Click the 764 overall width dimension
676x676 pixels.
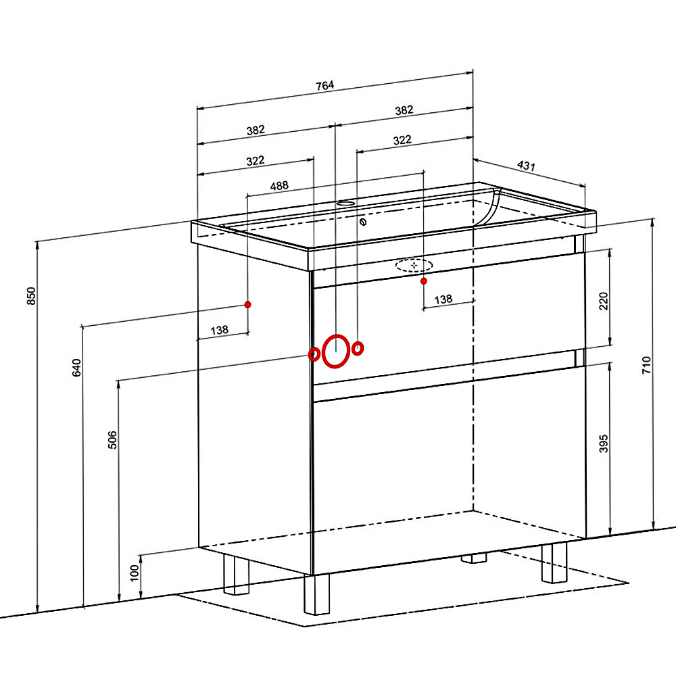pyautogui.click(x=324, y=85)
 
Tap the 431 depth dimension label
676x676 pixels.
pyautogui.click(x=526, y=166)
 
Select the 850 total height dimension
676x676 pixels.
pyautogui.click(x=32, y=296)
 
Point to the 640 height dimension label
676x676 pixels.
pyautogui.click(x=76, y=367)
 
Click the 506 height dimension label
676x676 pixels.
pyautogui.click(x=112, y=440)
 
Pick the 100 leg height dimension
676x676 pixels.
pyautogui.click(x=135, y=573)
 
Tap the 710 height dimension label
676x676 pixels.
pyautogui.click(x=646, y=365)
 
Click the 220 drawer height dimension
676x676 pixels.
pyautogui.click(x=604, y=301)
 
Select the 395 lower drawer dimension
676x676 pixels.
pyautogui.click(x=604, y=443)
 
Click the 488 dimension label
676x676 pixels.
pyautogui.click(x=279, y=186)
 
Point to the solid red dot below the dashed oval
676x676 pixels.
pyautogui.click(x=424, y=281)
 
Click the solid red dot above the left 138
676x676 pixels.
pyautogui.click(x=247, y=305)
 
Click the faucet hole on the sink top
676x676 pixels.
pyautogui.click(x=345, y=203)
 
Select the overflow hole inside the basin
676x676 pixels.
pyautogui.click(x=363, y=222)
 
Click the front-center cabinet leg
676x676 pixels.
pyautogui.click(x=316, y=594)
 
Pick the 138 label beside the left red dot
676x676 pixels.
pyautogui.click(x=220, y=331)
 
